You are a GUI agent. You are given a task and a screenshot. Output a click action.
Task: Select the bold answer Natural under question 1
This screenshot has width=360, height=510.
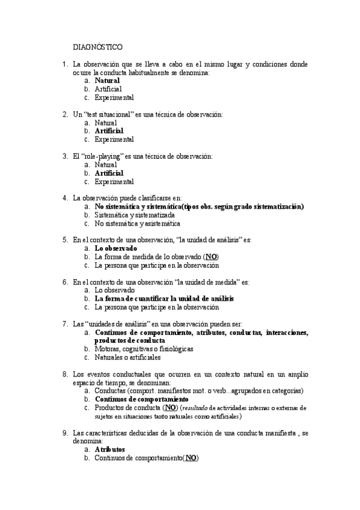tap(108, 80)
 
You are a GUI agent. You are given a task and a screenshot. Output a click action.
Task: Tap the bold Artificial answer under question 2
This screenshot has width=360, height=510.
tap(109, 131)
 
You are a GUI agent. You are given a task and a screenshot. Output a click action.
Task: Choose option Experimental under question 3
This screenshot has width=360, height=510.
tap(114, 181)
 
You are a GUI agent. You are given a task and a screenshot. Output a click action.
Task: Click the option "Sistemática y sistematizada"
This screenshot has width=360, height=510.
tap(135, 215)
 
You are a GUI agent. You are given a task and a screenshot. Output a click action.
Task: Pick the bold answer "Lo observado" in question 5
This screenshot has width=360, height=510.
tap(116, 248)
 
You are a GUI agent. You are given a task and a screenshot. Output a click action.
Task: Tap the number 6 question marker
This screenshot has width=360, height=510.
tap(65, 281)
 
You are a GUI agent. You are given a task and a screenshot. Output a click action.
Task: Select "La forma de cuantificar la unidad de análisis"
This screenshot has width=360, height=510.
tap(164, 298)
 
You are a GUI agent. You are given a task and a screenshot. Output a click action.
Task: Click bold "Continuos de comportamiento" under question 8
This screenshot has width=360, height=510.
tap(142, 399)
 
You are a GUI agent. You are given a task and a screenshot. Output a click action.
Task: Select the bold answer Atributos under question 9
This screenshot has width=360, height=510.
tap(110, 449)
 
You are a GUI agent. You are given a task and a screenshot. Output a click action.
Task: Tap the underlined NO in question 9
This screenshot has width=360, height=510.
tap(191, 458)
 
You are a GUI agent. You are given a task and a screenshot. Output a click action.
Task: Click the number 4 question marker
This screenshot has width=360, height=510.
tap(65, 197)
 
